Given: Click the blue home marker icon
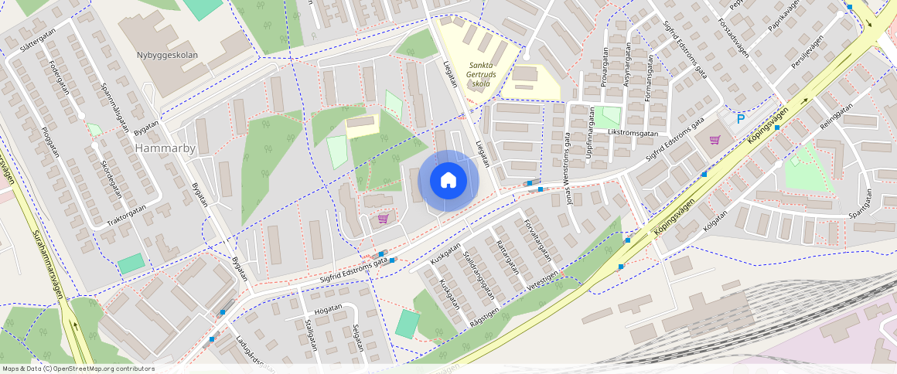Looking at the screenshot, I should pyautogui.click(x=448, y=180).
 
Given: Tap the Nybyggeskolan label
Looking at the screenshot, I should pyautogui.click(x=168, y=56).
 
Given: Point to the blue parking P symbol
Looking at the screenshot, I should pyautogui.click(x=740, y=119).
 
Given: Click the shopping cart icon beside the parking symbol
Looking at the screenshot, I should pyautogui.click(x=715, y=140).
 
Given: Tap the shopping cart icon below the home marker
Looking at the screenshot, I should pyautogui.click(x=383, y=219).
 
